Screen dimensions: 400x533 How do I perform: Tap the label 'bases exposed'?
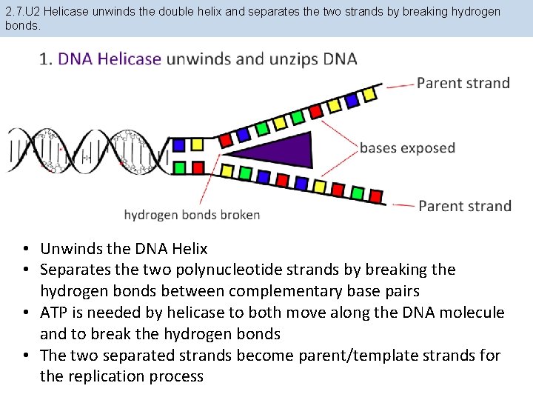coord(407,148)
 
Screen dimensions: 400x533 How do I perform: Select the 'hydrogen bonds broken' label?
coord(192,215)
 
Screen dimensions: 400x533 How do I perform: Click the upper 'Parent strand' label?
coord(463,82)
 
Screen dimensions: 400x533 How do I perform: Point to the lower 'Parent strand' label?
coord(465,206)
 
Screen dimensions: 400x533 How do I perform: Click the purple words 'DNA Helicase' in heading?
coord(110,59)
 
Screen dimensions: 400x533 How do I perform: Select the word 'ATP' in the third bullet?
coord(56,313)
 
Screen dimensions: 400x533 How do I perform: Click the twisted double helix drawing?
coord(89,153)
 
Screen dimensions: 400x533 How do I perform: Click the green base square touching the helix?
coord(178,167)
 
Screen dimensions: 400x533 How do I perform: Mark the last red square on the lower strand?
coord(376,196)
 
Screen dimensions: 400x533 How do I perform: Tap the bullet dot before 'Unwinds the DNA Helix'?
coord(25,249)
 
